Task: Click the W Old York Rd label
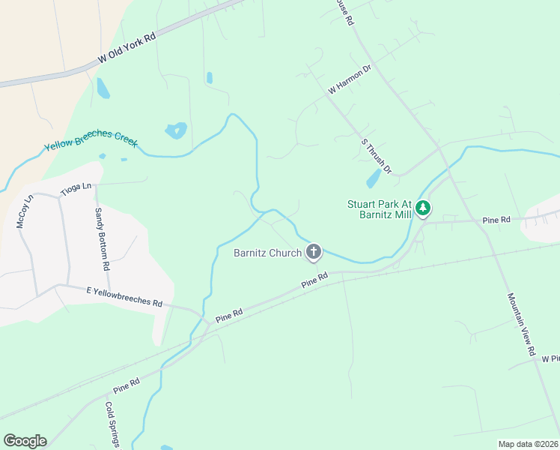point(127,48)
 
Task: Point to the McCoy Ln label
point(25,211)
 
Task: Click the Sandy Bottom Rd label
point(102,239)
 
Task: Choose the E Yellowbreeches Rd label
point(124,296)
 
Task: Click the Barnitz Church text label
point(267,253)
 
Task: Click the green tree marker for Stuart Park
point(424,208)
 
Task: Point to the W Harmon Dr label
point(350,80)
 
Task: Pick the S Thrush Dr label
point(376,156)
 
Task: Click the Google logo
point(25,441)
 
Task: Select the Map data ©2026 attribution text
point(528,444)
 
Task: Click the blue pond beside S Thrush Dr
point(373,179)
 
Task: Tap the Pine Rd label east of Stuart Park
point(496,220)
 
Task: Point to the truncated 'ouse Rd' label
point(344,13)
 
